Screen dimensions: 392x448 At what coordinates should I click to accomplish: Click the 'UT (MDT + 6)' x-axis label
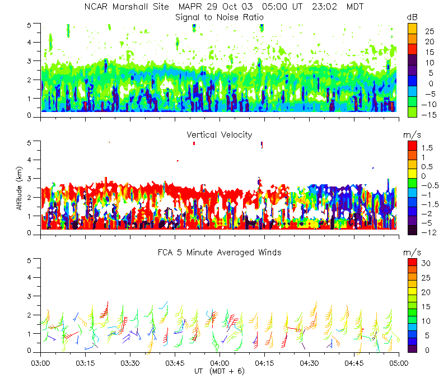coord(219,371)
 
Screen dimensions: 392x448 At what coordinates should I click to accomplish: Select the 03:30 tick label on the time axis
coord(130,362)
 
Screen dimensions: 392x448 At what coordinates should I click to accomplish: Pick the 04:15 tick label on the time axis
coord(264,362)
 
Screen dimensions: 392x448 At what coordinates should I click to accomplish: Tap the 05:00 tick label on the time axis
coord(399,362)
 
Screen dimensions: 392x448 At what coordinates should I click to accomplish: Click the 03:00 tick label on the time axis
coord(41,362)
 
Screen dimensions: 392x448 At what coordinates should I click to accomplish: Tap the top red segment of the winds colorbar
coord(412,263)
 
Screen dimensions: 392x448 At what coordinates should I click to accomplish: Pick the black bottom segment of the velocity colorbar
coord(412,230)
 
